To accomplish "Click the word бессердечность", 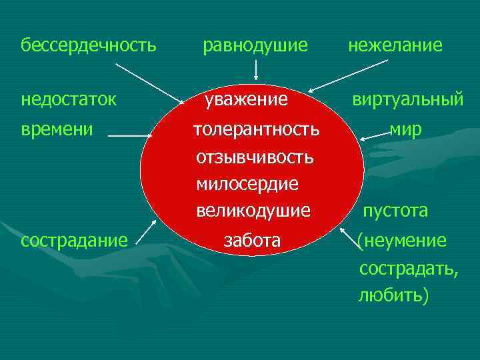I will (x=89, y=45).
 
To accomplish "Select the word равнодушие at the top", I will (x=255, y=45).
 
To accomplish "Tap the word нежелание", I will (x=395, y=45).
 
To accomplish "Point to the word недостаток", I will (x=69, y=100).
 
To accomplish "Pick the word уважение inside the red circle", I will (x=246, y=100).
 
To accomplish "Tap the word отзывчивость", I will (x=255, y=157).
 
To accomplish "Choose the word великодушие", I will (x=253, y=211).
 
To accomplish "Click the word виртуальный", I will (x=407, y=100).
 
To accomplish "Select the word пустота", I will (x=395, y=211).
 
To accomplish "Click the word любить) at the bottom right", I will (x=393, y=295).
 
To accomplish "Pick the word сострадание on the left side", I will (x=74, y=240).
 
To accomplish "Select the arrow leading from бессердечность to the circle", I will (x=150, y=83).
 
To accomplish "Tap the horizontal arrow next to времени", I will (x=131, y=135).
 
